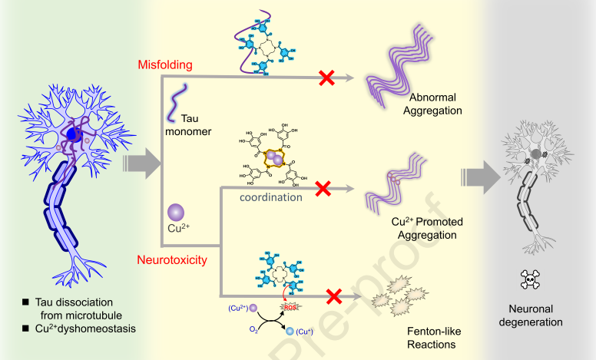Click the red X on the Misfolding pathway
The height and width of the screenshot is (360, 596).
point(326,77)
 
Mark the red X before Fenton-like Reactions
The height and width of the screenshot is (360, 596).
point(334,295)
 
